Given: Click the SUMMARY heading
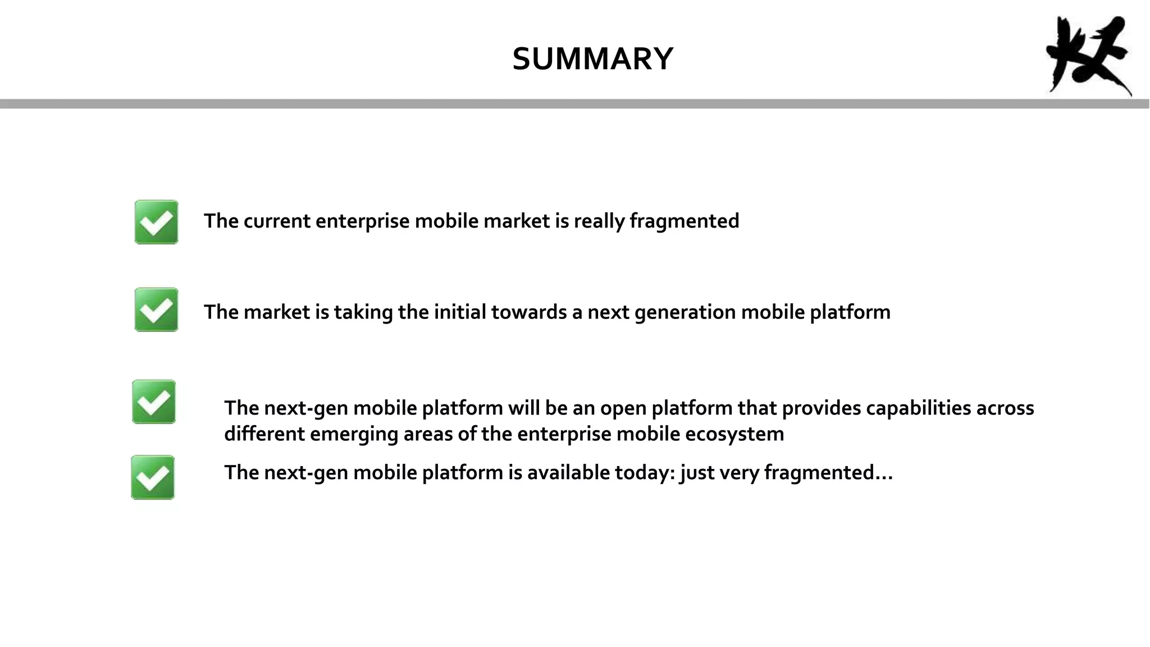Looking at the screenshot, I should coord(592,59).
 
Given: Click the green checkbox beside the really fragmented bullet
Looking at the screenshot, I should coord(156,222).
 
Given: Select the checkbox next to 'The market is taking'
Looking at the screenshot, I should coord(156,309).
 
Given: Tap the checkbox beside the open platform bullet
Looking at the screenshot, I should coord(154,402).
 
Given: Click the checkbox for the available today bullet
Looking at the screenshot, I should coord(153,477).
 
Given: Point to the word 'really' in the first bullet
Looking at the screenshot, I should coord(599,221).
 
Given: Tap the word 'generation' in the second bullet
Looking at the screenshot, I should coord(684,312).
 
